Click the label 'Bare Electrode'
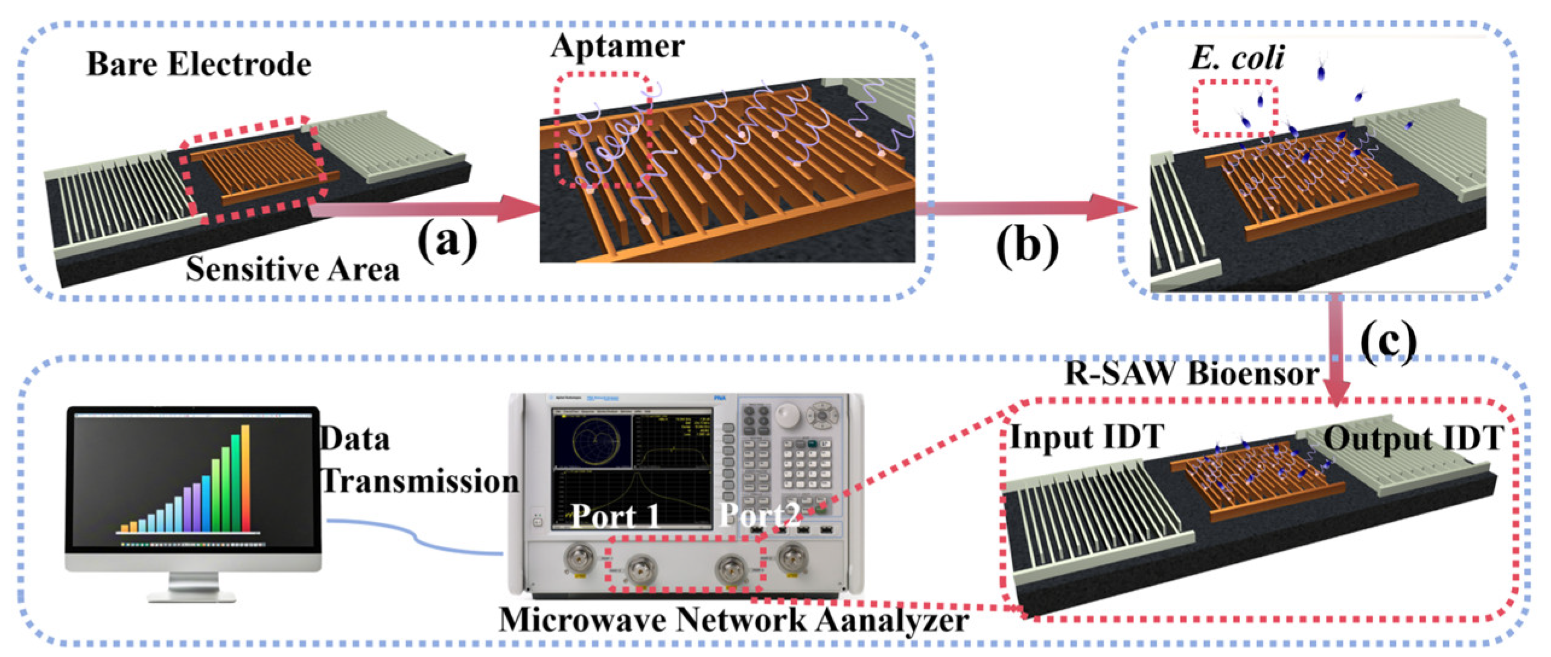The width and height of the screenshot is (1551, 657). (199, 64)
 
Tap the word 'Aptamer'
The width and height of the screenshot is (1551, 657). (617, 46)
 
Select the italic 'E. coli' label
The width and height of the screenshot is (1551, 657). (1237, 59)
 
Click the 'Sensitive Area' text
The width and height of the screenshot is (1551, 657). (292, 269)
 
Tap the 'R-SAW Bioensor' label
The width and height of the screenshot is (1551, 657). (1191, 373)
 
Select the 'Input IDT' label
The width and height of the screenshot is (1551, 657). (1086, 437)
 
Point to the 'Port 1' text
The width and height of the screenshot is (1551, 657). (615, 516)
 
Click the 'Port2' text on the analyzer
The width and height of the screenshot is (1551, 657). (760, 515)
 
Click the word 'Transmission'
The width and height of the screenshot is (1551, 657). (420, 481)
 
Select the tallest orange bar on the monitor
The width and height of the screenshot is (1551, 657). (245, 477)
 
